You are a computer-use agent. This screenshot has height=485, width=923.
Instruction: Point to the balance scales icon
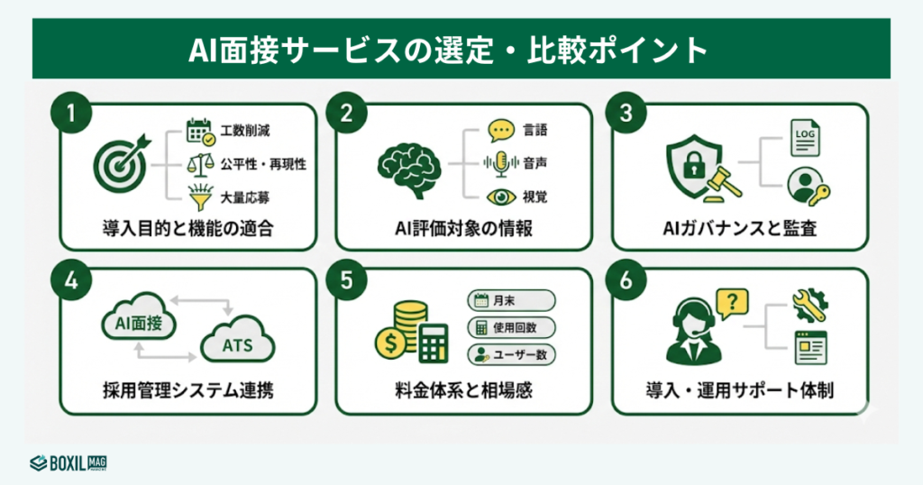coord(200,166)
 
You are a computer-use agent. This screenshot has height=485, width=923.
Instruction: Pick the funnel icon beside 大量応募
coord(200,194)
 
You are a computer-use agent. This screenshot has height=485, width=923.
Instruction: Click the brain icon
coord(408,166)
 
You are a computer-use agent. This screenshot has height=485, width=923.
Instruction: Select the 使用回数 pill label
coord(510,327)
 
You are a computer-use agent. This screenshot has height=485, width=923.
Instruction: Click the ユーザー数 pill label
coord(510,354)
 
